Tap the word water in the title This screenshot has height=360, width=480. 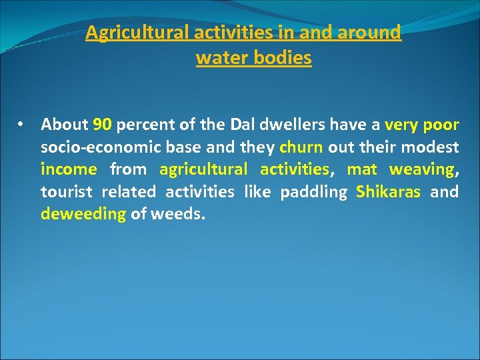(221, 58)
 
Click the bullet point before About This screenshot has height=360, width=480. (23, 125)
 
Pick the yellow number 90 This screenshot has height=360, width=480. (102, 125)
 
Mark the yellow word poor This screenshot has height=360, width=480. (441, 125)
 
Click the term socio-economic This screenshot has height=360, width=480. (97, 147)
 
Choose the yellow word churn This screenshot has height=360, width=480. (301, 147)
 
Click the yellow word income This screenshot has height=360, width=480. (69, 169)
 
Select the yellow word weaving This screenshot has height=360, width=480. (421, 169)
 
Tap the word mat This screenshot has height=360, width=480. (362, 169)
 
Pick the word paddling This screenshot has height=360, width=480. (313, 192)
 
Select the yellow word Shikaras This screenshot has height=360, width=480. (388, 192)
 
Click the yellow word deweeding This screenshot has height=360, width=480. (83, 214)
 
